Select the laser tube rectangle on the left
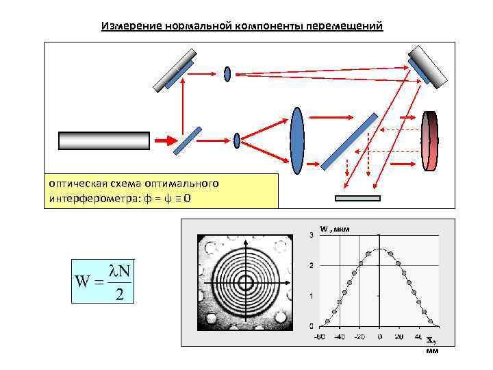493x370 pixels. pos(103,140)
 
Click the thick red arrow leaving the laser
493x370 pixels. pos(163,140)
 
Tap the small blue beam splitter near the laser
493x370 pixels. pos(187,140)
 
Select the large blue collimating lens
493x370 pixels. pos(297,142)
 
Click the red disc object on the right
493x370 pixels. pos(430,140)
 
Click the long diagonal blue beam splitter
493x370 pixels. pos(349,140)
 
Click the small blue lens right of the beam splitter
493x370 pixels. pos(237,140)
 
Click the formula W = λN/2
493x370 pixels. pos(103,280)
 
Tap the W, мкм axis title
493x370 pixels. pos(335,229)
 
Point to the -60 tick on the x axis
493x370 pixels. pos(319,337)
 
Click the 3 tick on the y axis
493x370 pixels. pos(312,235)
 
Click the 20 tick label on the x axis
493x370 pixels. pos(399,337)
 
